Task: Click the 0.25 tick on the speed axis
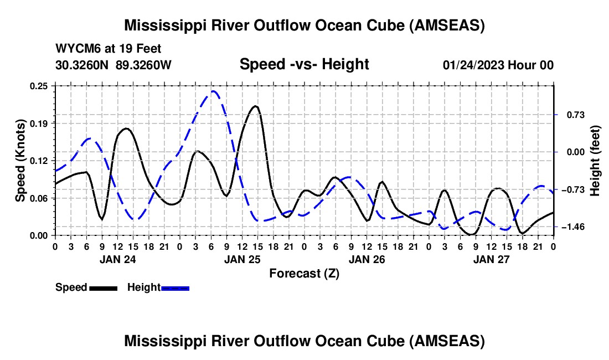coord(40,86)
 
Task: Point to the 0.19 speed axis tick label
coord(40,123)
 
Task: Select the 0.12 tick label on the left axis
coord(40,161)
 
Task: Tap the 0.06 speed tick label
coord(40,198)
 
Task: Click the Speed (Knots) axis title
coord(20,161)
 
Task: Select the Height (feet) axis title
coord(595,161)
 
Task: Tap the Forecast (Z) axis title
coord(304,273)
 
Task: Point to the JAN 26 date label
coord(367,259)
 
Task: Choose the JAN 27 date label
coord(491,259)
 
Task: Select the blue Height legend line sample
coord(175,288)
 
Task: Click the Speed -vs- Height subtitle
coord(304,64)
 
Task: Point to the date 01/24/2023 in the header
coord(473,65)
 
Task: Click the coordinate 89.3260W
coord(144,65)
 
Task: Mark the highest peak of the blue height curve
coord(213,91)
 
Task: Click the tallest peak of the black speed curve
coord(255,106)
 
